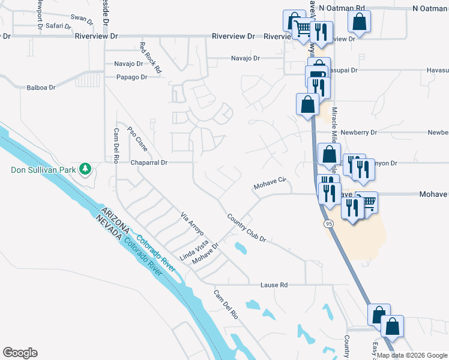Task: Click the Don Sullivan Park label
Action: (x=43, y=170)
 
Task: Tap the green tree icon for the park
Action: (x=86, y=169)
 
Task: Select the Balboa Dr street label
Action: (x=41, y=88)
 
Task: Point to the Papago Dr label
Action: (x=131, y=77)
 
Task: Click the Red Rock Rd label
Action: (x=151, y=58)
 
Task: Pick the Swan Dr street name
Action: (x=82, y=19)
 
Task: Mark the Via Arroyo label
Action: (x=193, y=223)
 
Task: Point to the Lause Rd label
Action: (x=274, y=284)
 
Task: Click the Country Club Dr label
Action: (x=246, y=228)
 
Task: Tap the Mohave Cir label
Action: (x=270, y=182)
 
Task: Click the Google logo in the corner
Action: (x=20, y=353)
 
